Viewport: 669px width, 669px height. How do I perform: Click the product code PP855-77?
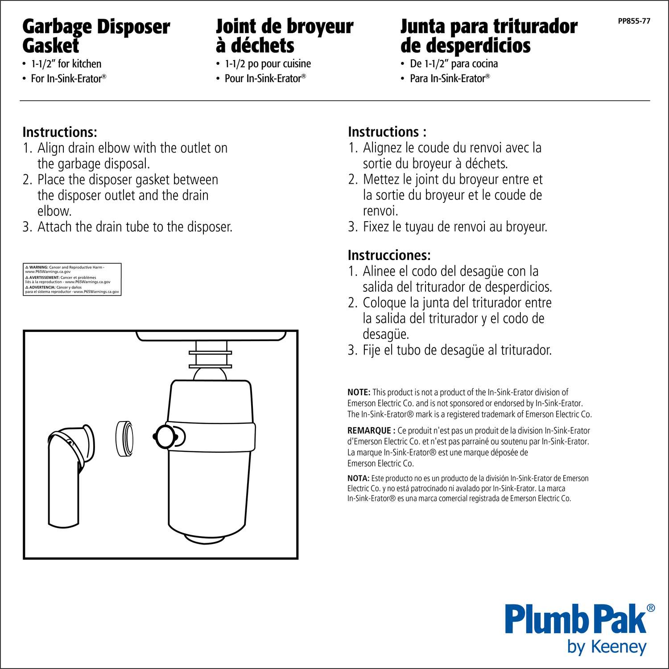pos(634,21)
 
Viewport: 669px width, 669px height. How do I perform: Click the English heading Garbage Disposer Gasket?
pos(96,36)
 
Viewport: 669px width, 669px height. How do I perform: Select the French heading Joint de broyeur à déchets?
pos(285,36)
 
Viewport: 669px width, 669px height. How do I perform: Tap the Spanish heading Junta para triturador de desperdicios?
pos(489,36)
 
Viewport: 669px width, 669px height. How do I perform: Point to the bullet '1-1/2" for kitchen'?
pos(66,64)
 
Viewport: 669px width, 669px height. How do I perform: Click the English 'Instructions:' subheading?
pos(60,132)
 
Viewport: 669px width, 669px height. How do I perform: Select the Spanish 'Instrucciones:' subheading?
pos(389,256)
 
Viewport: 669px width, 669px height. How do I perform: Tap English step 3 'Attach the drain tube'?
pos(128,227)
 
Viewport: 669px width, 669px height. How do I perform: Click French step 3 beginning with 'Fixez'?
pos(447,227)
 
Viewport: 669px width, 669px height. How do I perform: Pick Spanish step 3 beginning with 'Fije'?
pos(450,350)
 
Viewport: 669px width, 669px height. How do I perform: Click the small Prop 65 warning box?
pos(72,279)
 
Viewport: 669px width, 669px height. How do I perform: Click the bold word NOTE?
pos(359,392)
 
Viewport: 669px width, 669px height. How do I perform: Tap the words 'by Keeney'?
pos(607,648)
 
